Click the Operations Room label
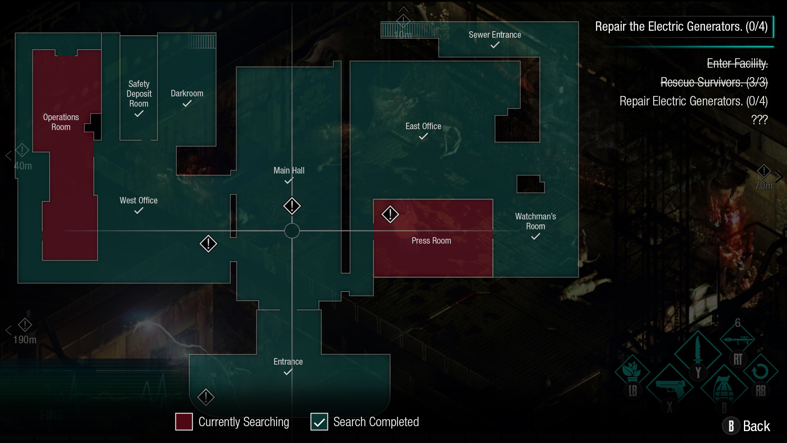coord(61,122)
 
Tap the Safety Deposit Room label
coord(139,94)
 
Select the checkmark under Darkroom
coord(187,104)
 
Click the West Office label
coord(139,201)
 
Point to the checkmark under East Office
coord(423,137)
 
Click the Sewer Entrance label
coord(495,35)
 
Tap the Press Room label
coord(431,241)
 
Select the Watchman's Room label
coord(535,221)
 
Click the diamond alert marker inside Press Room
coord(390,214)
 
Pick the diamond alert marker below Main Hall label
coord(292,206)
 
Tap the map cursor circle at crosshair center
coord(292,231)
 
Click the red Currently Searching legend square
coord(184,422)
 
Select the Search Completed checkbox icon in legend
coord(319,422)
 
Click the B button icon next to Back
coord(731,426)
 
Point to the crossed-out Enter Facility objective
coord(737,64)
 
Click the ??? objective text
coord(759,120)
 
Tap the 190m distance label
coord(25,340)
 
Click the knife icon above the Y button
coord(698,351)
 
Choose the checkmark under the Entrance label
coord(288,372)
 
